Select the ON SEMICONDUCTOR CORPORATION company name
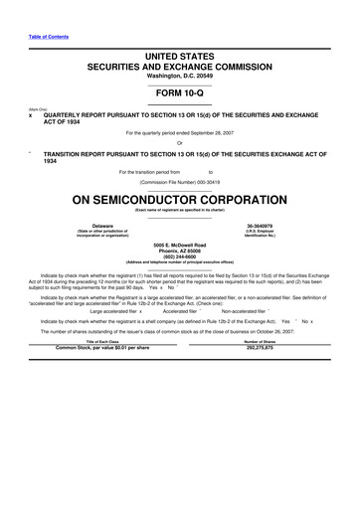point(179,198)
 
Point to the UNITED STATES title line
point(179,52)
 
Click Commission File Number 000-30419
point(179,183)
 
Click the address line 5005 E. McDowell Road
point(179,244)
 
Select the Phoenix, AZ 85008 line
point(179,250)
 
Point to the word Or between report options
point(179,142)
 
